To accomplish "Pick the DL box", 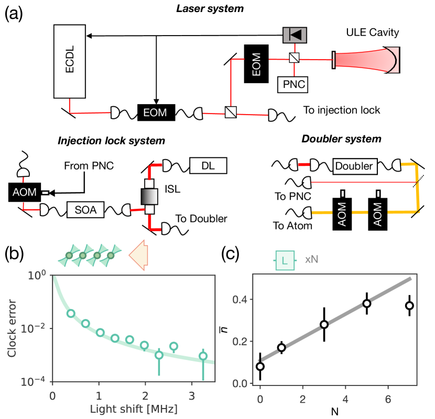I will tap(209, 166).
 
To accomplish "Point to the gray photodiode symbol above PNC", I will tap(295, 35).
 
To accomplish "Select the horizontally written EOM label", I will tap(155, 112).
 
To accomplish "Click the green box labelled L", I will tap(284, 259).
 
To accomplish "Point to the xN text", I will tap(312, 259).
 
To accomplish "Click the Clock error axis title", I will tap(12, 328).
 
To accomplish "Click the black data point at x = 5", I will tap(367, 303).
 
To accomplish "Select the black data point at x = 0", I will tap(260, 366).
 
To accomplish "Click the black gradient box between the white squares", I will tap(149, 196).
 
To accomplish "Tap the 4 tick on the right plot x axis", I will tap(345, 399).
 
